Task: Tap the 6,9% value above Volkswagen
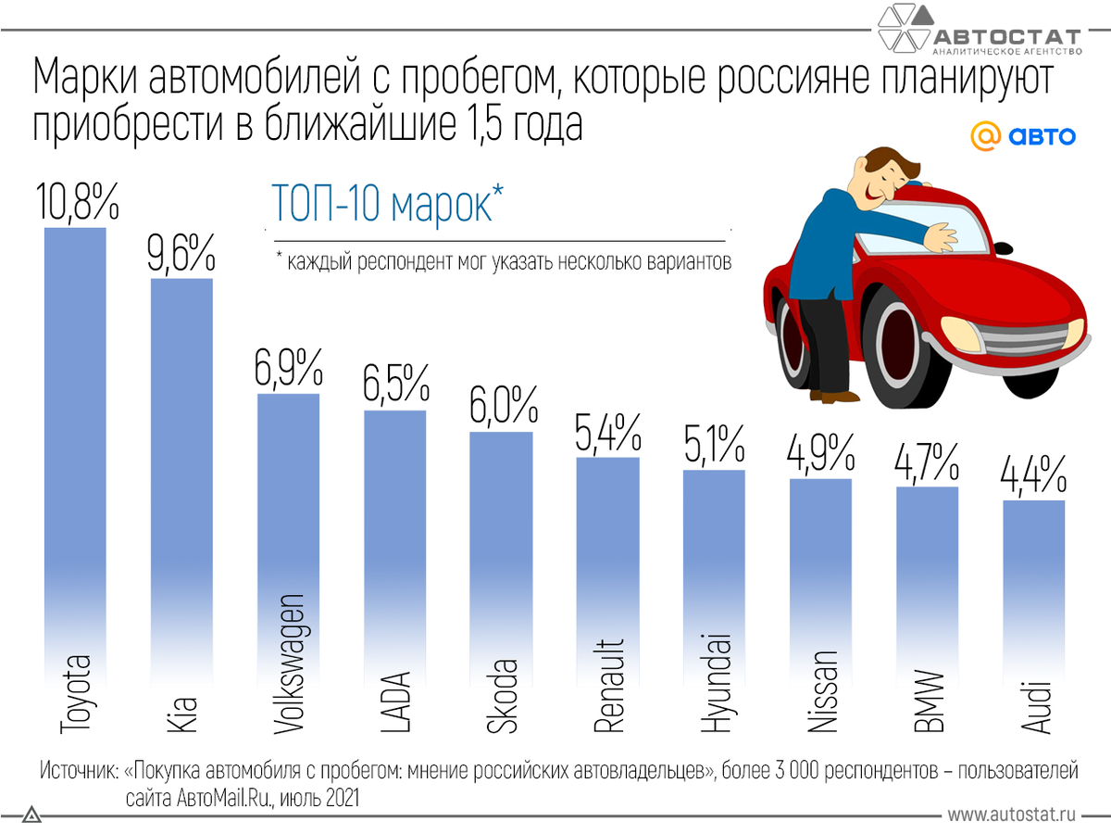coord(288,369)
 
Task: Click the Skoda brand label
coord(503,696)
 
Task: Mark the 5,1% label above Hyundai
coord(714,445)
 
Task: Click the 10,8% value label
coord(77,201)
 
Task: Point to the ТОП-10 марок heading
coord(388,203)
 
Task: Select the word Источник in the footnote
coord(80,770)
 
